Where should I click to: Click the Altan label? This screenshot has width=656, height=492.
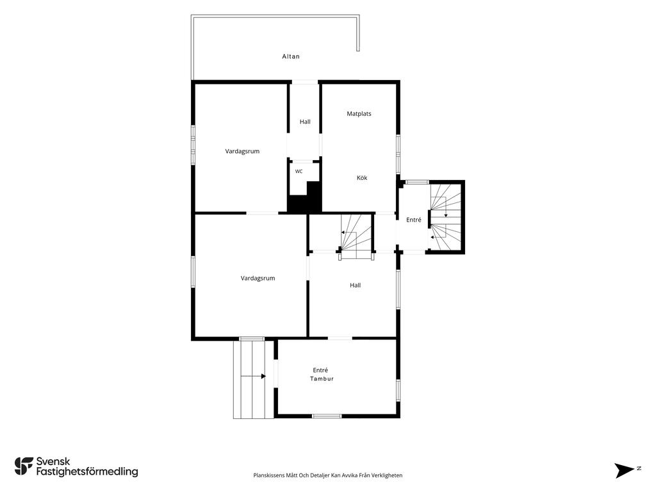pos(291,56)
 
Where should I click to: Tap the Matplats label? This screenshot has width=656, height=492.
pos(359,113)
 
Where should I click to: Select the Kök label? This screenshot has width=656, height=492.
pos(362,178)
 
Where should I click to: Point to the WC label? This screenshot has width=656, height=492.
pos(299,172)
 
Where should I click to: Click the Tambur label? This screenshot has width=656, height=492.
pos(322,379)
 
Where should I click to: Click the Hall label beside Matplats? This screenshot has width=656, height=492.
pos(305,122)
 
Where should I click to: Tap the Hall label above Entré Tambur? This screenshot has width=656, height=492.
pos(355,285)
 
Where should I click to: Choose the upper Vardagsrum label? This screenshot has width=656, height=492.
pos(242,151)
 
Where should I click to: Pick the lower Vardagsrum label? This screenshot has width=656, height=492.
pos(258,278)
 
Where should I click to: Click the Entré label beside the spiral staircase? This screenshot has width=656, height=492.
pos(414,220)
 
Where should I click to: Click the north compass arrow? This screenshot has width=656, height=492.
pos(625,470)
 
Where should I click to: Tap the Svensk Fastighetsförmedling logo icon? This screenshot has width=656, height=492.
pos(24,466)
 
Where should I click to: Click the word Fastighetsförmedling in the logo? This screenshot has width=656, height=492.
pos(87,472)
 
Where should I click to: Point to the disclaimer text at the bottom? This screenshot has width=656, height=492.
pos(327,475)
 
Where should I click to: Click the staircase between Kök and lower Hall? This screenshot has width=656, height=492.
pos(356,236)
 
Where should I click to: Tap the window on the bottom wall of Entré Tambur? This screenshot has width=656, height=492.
pos(327,416)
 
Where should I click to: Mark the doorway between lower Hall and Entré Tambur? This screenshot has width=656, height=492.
pos(340,338)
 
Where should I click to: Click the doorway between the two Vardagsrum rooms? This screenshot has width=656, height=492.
pos(262,213)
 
